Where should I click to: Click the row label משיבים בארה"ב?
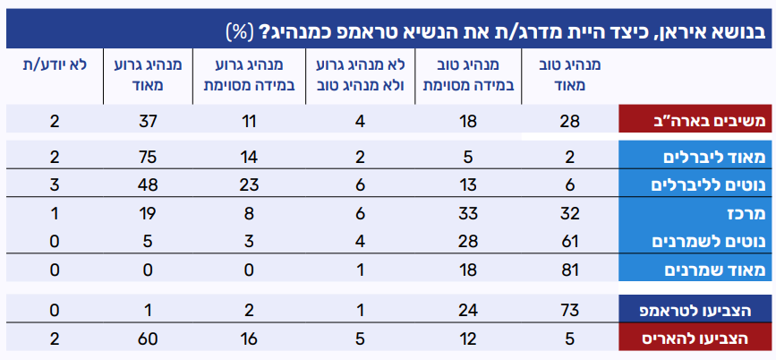click(x=696, y=119)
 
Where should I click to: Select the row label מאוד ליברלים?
click(x=696, y=158)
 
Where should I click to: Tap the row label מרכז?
click(x=696, y=213)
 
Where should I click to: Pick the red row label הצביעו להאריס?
click(x=696, y=339)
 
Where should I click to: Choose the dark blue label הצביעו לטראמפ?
click(x=696, y=310)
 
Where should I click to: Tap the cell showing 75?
click(x=149, y=158)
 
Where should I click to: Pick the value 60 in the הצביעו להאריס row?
click(x=149, y=339)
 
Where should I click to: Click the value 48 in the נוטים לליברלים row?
click(x=149, y=184)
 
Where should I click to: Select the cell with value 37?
click(x=149, y=119)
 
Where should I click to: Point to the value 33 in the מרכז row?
click(x=466, y=213)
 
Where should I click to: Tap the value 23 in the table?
click(x=253, y=184)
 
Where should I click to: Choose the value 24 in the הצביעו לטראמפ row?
click(x=466, y=310)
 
